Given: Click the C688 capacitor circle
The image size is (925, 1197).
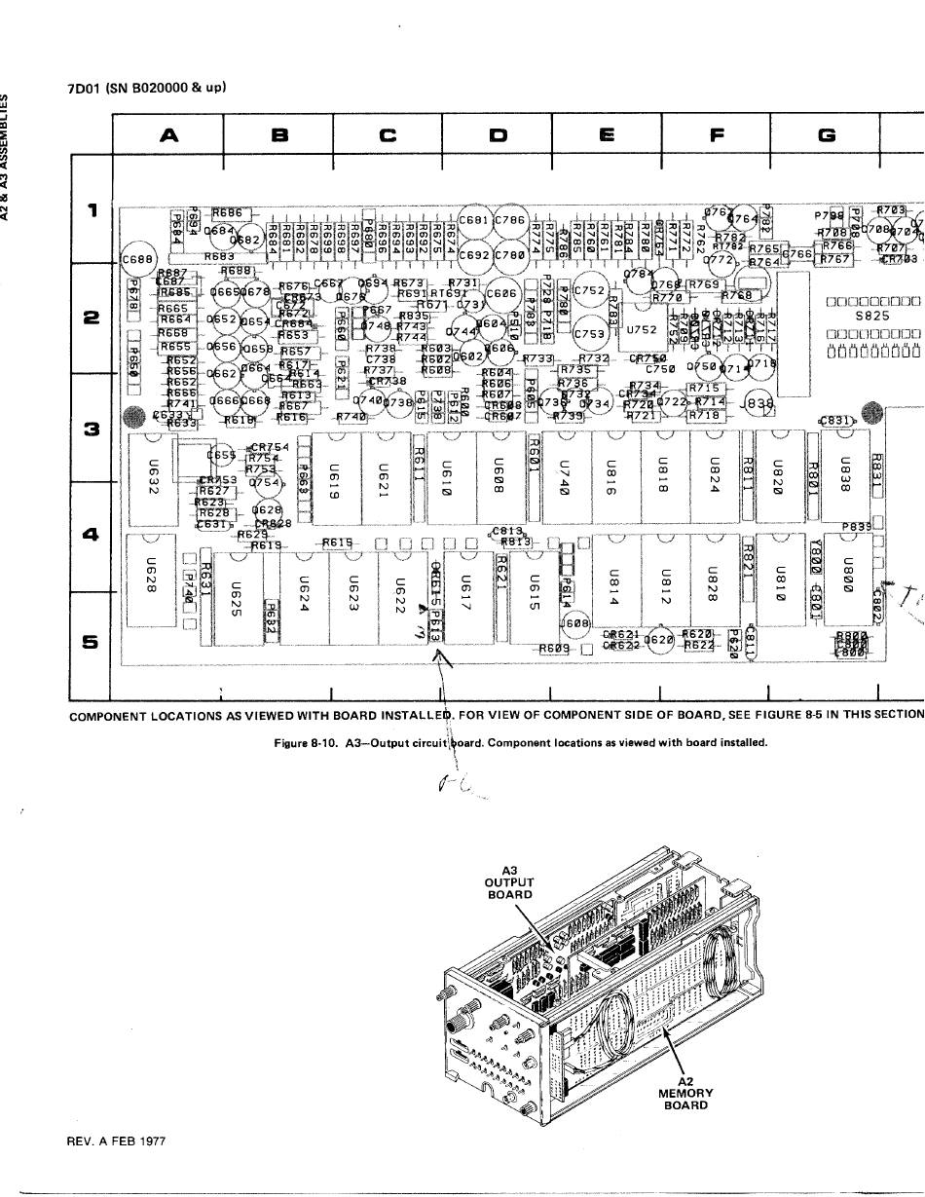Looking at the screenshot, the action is point(136,259).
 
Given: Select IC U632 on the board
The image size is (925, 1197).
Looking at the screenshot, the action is point(151,476).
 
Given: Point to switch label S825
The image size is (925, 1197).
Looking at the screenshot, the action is point(871,316).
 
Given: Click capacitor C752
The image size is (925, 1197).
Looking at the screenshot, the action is point(590,290).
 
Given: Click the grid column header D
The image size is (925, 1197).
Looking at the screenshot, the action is point(498,136).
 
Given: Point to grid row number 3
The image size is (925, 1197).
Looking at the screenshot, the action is point(92,428).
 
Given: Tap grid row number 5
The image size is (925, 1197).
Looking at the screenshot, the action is point(92,642).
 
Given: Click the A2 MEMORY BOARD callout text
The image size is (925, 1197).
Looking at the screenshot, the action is point(685,1093).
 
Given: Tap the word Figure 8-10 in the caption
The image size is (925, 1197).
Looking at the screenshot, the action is point(302,743).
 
